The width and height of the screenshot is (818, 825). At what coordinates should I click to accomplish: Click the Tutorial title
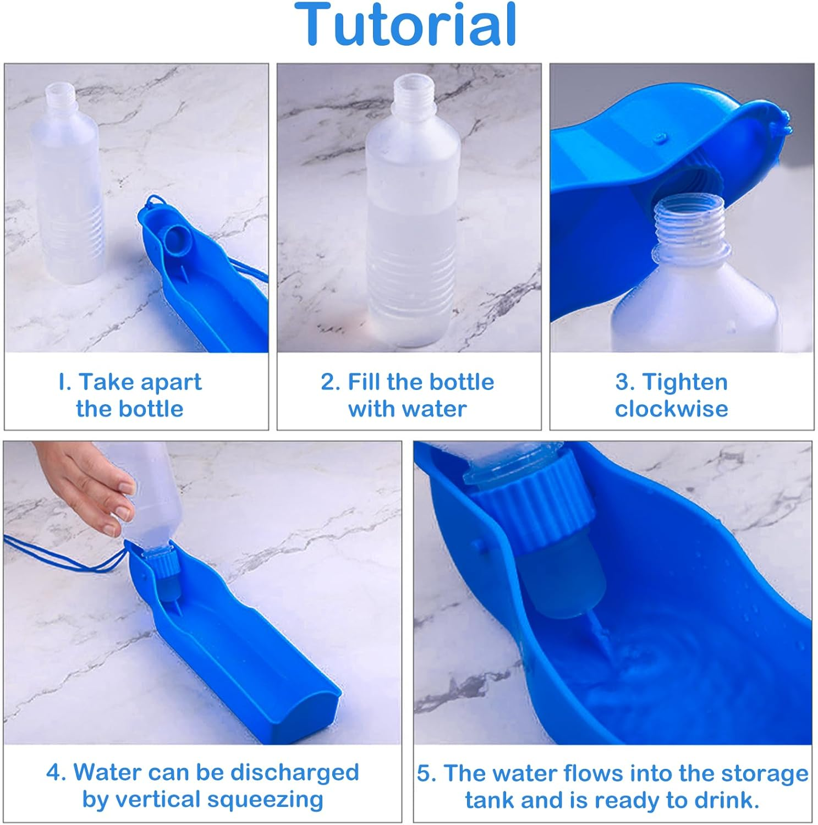tap(405, 25)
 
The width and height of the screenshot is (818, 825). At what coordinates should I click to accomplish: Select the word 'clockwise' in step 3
tap(671, 409)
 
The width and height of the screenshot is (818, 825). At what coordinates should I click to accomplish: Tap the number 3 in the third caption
tap(624, 382)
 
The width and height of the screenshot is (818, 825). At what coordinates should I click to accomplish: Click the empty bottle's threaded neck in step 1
tap(59, 95)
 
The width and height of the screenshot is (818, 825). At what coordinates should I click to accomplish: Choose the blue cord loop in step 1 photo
tap(154, 204)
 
